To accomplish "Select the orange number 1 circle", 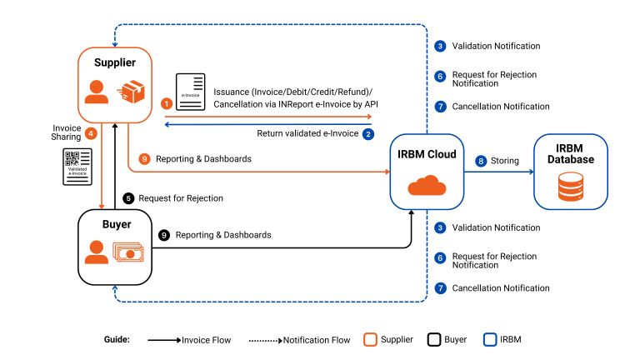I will [167, 103].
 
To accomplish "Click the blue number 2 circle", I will [368, 132].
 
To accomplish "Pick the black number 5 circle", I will [128, 198].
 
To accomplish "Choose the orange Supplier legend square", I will [371, 339].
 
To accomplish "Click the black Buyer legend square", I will [433, 339].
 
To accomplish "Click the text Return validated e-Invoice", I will [307, 132].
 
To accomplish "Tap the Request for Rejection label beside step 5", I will [181, 198].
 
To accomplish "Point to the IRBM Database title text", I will [571, 153].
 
